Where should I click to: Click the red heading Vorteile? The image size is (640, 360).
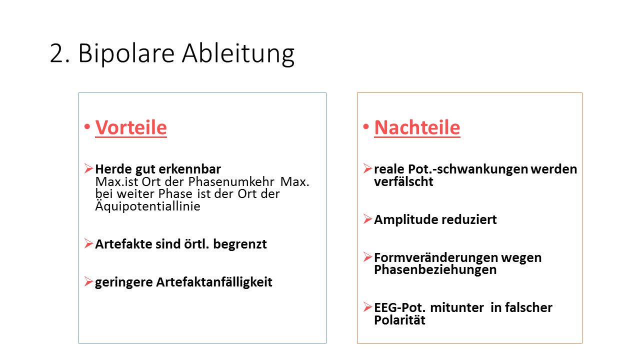point(131,127)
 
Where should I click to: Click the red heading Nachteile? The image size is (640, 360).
point(417,127)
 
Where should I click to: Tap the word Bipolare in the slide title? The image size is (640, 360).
point(126,53)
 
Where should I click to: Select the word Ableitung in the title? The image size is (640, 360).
point(238,53)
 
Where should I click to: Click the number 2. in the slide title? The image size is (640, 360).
point(59,53)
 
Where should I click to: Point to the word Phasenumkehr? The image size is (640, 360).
point(231,181)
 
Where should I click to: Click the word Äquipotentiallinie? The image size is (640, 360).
point(147,205)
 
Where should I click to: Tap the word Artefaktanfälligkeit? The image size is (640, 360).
point(214,282)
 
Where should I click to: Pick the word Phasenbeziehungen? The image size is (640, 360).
point(435,269)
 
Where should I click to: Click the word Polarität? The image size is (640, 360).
point(399,320)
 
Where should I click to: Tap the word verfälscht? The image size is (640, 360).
point(403,181)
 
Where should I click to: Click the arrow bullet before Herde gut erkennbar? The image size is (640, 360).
point(88,168)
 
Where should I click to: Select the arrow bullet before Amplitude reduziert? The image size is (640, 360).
point(367,219)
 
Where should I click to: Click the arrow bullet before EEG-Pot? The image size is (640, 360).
point(367,307)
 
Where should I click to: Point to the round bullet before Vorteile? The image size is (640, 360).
point(87,126)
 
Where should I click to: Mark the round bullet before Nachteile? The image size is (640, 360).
point(365,126)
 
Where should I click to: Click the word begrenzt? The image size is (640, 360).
point(239,244)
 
